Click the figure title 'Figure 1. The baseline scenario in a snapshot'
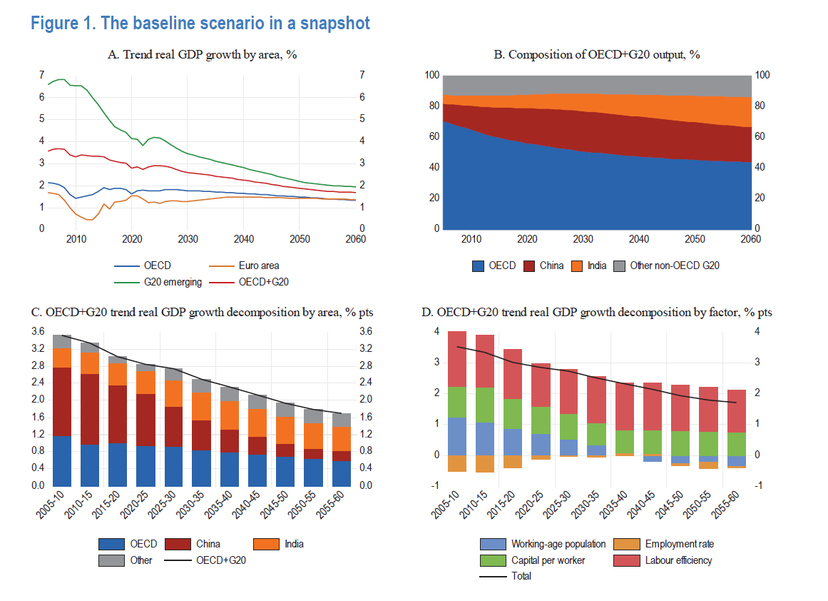[x=200, y=24]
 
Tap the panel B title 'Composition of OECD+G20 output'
[x=597, y=55]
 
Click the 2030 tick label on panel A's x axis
[x=188, y=239]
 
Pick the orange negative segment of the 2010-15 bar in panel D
[x=485, y=463]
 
